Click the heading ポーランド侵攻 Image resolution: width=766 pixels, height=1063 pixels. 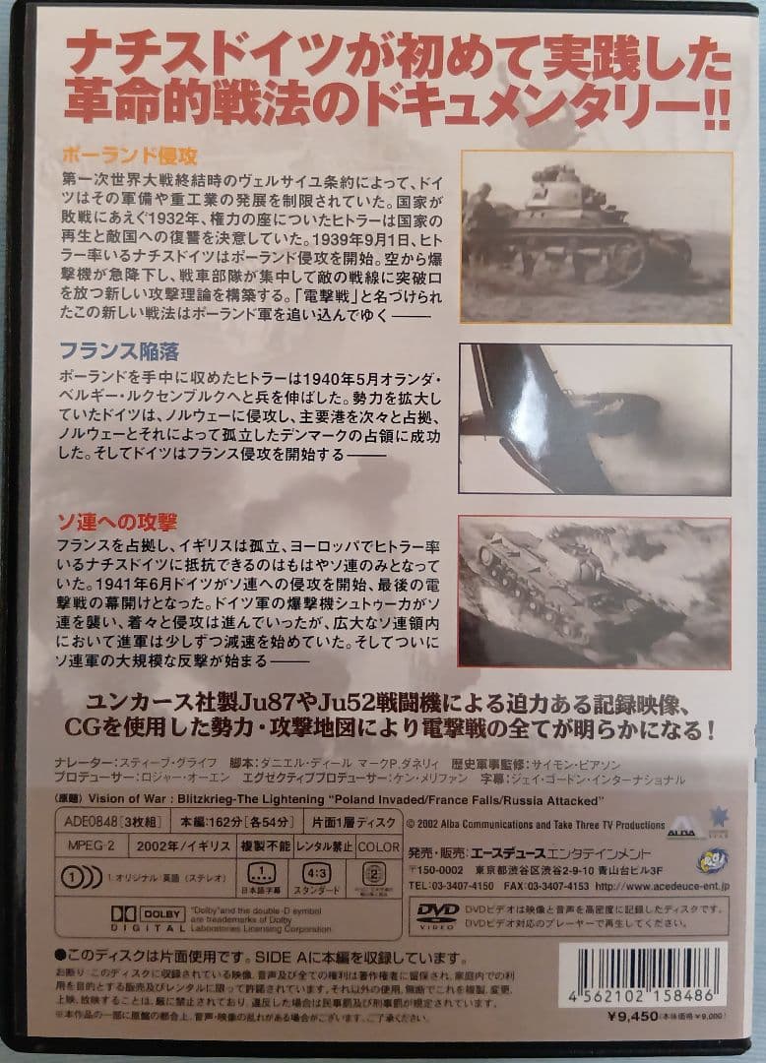click(130, 156)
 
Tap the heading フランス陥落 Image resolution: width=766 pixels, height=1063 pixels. click(120, 352)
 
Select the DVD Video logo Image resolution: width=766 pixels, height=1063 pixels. click(437, 911)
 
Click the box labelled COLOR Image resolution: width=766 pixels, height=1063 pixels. click(378, 845)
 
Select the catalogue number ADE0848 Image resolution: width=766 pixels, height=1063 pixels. click(94, 824)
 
